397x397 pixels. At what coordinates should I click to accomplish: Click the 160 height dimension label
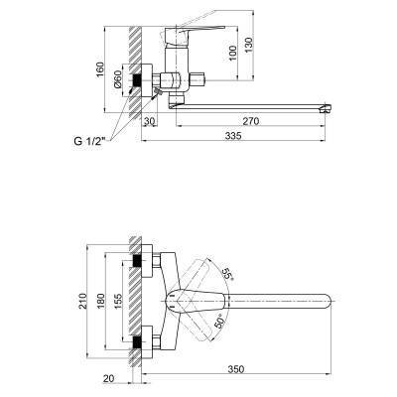pyautogui.click(x=100, y=69)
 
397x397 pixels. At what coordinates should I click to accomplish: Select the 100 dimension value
pyautogui.click(x=233, y=53)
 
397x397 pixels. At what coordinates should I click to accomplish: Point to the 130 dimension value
pyautogui.click(x=248, y=45)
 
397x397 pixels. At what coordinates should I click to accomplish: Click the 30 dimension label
pyautogui.click(x=150, y=121)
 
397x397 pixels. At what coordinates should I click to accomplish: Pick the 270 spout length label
pyautogui.click(x=251, y=121)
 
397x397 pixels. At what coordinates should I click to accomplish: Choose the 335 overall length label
pyautogui.click(x=234, y=136)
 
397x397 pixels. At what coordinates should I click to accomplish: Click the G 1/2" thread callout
pyautogui.click(x=89, y=141)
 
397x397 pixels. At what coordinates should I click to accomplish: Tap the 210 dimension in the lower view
pyautogui.click(x=83, y=301)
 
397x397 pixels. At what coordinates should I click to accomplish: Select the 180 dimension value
pyautogui.click(x=101, y=301)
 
